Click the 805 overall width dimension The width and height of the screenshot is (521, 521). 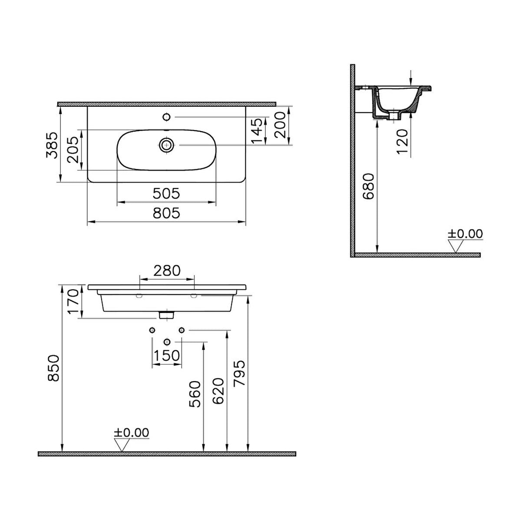(166, 213)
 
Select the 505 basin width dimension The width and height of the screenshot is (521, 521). (166, 194)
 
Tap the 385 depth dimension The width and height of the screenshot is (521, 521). (51, 145)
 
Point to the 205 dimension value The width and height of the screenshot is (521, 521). (73, 149)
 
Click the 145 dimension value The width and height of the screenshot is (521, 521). (256, 130)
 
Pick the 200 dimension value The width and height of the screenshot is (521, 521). (280, 125)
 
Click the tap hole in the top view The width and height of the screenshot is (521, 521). (167, 117)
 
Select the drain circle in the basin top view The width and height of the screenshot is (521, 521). (166, 145)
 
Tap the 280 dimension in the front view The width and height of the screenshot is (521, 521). (167, 270)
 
